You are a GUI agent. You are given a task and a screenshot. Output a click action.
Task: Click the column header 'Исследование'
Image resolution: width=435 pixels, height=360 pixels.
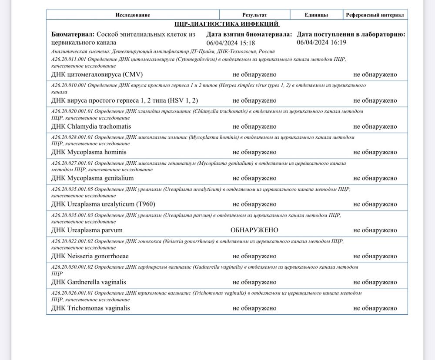point(133,15)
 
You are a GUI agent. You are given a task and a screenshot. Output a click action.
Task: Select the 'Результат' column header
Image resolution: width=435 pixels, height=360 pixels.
point(254,15)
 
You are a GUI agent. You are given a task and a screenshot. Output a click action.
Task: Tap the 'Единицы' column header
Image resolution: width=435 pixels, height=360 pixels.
point(316,15)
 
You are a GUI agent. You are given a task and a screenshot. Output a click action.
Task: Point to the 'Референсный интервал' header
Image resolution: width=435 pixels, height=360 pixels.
point(375,15)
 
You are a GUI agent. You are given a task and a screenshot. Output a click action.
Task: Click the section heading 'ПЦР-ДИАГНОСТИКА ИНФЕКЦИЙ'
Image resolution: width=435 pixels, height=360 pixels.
point(227,24)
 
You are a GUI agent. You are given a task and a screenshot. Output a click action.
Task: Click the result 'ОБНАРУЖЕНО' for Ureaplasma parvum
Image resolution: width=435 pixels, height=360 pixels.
point(254,230)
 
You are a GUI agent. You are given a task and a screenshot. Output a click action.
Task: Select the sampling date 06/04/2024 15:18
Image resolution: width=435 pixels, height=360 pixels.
point(231,43)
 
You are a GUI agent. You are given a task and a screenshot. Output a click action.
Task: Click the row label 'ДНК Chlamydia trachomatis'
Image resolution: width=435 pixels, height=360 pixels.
point(91,127)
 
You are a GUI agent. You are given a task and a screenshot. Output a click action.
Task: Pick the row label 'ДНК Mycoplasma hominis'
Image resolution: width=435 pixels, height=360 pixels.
point(89,152)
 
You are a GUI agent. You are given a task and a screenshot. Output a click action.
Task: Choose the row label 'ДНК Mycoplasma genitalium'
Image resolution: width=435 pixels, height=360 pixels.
point(92,178)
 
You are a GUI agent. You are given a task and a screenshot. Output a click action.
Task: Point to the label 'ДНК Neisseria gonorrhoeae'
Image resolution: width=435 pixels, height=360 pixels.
point(90,256)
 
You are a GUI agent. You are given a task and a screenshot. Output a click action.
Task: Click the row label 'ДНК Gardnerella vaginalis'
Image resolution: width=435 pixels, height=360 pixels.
point(88,282)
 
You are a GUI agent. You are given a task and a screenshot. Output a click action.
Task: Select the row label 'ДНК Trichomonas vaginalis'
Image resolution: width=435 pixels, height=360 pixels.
point(90,308)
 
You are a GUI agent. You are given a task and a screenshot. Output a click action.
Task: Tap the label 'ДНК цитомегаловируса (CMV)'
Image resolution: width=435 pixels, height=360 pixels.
point(97,74)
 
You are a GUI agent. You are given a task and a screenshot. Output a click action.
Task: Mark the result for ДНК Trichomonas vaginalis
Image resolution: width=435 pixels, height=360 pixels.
point(254,308)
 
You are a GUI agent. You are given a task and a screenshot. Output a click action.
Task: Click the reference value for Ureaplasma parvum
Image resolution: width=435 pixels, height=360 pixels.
point(375,230)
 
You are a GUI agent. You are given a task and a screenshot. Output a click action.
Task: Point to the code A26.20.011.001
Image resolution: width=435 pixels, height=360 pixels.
point(69,59)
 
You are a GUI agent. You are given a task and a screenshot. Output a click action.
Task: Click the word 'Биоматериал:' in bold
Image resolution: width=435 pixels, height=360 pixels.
point(73,34)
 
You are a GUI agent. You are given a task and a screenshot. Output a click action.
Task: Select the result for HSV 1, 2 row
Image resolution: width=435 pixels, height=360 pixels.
point(254,100)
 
